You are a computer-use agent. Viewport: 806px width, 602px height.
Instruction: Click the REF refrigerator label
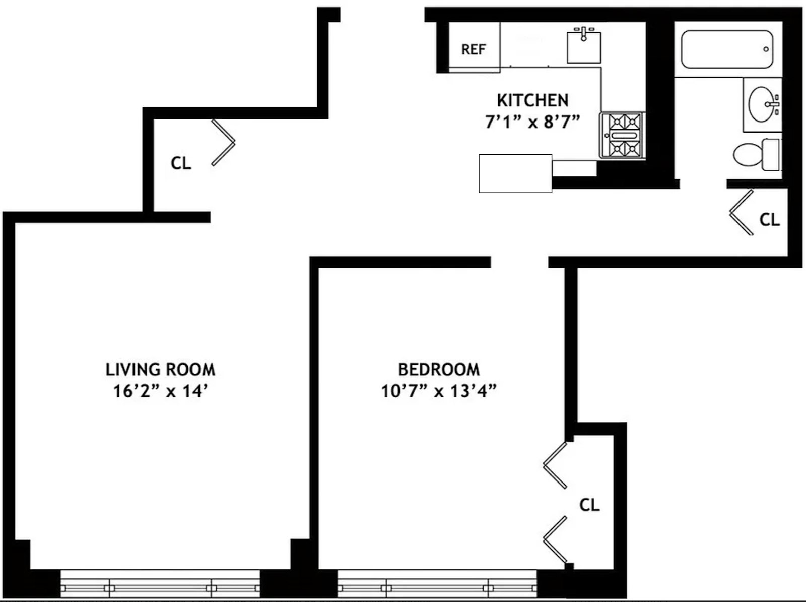point(474,49)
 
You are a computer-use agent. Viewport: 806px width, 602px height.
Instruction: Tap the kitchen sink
point(584,46)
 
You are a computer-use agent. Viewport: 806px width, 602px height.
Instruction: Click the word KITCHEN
point(532,100)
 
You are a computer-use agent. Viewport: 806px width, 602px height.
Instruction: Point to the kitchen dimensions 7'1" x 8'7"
point(532,122)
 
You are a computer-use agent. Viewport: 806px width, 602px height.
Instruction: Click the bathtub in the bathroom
point(727,49)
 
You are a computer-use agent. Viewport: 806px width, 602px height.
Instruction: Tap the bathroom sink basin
point(762,104)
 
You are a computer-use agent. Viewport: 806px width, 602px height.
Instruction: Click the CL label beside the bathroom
point(769,219)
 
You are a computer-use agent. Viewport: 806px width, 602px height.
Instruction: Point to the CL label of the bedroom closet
point(589,505)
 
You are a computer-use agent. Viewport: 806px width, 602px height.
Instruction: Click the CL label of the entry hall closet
point(181,163)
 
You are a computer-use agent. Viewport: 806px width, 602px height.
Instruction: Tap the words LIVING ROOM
point(160,370)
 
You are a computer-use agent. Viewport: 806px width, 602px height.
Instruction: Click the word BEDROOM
point(439,370)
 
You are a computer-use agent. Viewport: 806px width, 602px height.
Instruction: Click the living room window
point(160,584)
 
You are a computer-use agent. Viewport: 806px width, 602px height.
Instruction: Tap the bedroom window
point(437,584)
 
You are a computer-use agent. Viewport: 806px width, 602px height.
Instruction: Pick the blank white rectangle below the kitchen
point(515,173)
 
